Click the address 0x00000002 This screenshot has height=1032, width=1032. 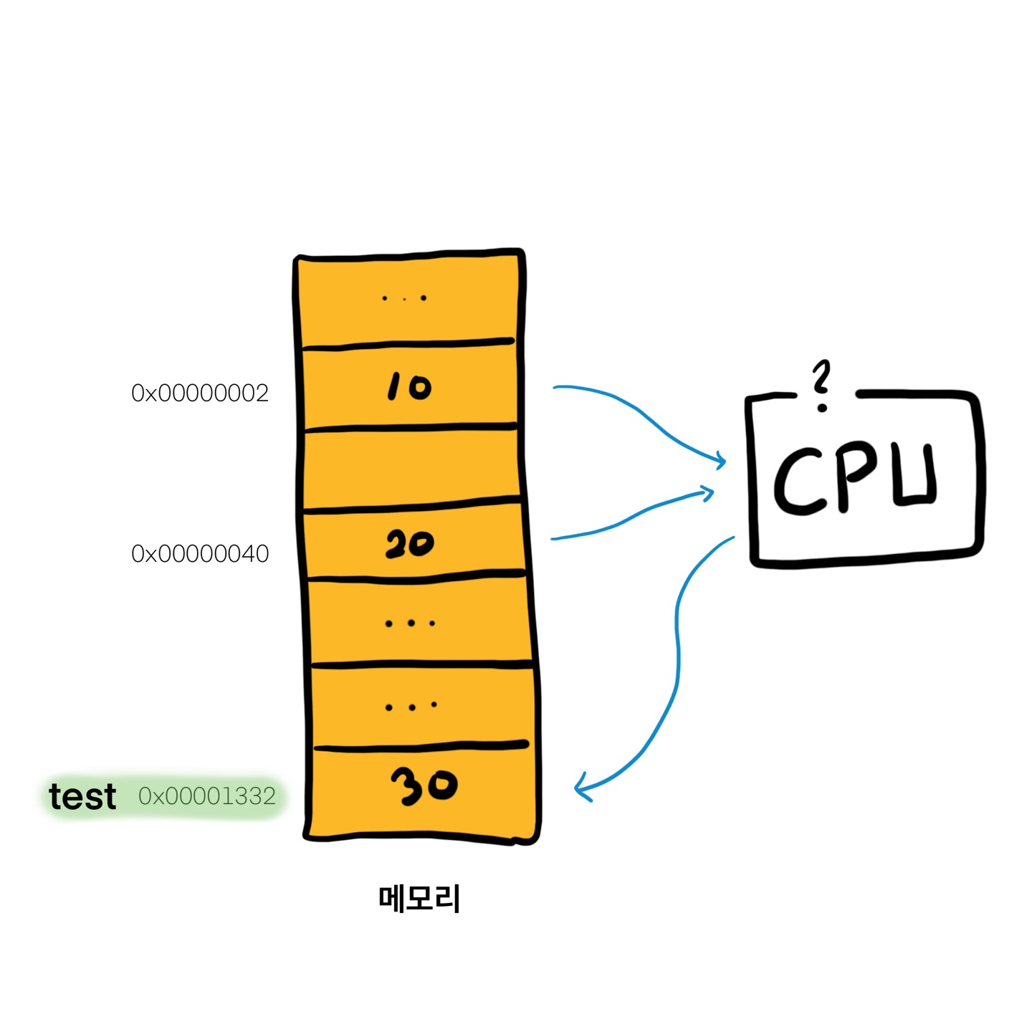[200, 393]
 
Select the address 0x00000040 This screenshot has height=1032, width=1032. [200, 553]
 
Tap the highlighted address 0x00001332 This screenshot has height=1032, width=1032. [207, 796]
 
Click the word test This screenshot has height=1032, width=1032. [82, 796]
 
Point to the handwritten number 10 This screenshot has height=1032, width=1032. [408, 387]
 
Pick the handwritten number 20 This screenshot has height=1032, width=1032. [409, 544]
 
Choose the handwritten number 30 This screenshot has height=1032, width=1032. [424, 785]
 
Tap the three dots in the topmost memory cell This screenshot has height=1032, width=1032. [404, 298]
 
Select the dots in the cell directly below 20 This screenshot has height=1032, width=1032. [410, 623]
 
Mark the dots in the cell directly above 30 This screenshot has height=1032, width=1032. [411, 707]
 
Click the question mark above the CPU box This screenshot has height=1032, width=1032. [821, 385]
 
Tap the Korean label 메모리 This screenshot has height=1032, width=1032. [419, 899]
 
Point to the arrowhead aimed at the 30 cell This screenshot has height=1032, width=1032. [582, 788]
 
